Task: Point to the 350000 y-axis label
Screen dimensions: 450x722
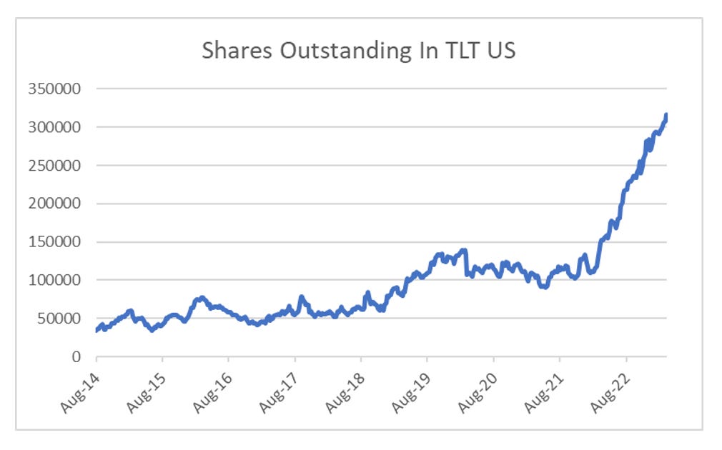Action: click(x=54, y=89)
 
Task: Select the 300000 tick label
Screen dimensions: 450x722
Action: click(x=54, y=127)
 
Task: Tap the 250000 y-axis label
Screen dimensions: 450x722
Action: click(x=54, y=166)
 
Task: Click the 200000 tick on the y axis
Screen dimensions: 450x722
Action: click(x=54, y=204)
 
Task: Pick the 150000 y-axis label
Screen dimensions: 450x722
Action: click(x=54, y=242)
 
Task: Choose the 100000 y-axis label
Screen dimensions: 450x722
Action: click(x=54, y=280)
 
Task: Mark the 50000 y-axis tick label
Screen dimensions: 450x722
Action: click(x=58, y=319)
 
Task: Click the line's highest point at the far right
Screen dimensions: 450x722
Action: click(x=666, y=115)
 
